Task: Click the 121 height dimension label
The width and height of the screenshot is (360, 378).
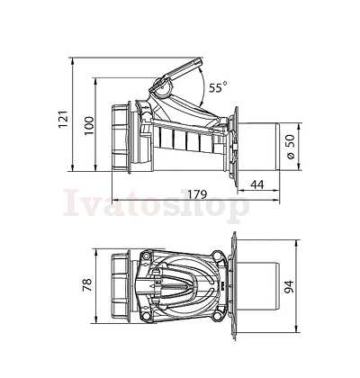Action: pos(63,119)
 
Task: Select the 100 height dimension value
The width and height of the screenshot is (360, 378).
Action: pos(89,126)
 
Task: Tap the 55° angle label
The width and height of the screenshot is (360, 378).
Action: pos(218,87)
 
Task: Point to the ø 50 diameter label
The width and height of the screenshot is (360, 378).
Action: pos(291,147)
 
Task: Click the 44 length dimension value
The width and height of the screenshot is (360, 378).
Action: pos(256,184)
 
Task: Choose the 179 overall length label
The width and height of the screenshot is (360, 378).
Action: pos(197,194)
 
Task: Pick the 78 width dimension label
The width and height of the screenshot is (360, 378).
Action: pos(87,284)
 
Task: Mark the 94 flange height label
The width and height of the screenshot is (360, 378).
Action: pos(289,287)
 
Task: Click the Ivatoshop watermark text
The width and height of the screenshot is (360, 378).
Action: pos(157,203)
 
